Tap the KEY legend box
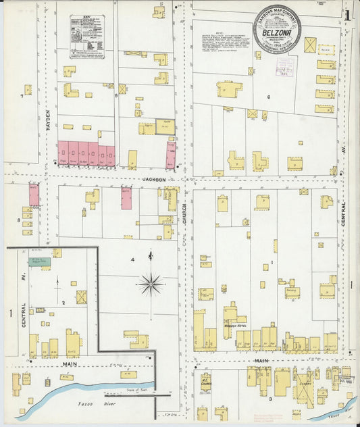click(x=87, y=36)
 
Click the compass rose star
click(x=150, y=284)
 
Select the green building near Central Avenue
click(x=40, y=261)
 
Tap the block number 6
click(x=268, y=97)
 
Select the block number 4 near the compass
click(x=133, y=259)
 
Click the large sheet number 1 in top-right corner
click(x=346, y=15)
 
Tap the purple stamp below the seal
click(x=284, y=68)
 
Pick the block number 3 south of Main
click(x=271, y=399)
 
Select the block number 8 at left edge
click(x=18, y=220)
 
